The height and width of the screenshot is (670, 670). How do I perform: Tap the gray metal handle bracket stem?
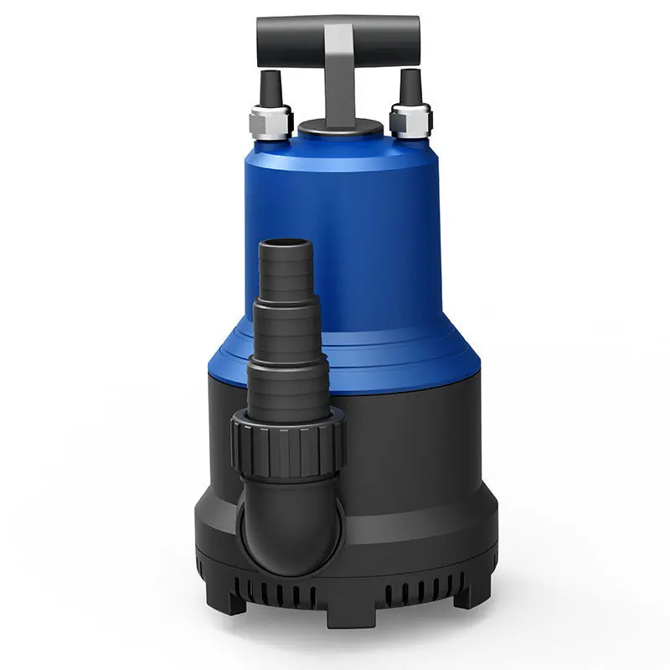pyautogui.click(x=340, y=75)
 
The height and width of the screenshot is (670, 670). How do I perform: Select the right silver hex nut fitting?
pyautogui.click(x=411, y=121)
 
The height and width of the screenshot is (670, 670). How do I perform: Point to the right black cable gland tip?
pyautogui.click(x=410, y=86)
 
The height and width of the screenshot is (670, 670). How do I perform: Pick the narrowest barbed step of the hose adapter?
pyautogui.click(x=285, y=272)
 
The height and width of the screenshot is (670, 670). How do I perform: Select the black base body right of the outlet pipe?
pyautogui.click(x=410, y=444)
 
